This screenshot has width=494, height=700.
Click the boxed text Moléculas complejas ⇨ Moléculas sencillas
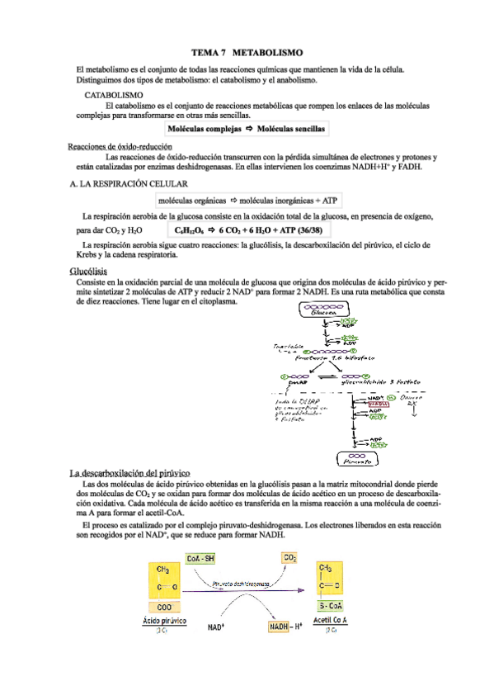(246, 130)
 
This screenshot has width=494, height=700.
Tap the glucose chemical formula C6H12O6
(192, 230)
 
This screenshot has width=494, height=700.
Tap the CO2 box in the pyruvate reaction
(290, 558)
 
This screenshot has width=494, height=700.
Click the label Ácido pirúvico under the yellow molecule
(164, 619)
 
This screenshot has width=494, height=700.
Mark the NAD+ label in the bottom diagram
(217, 627)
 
